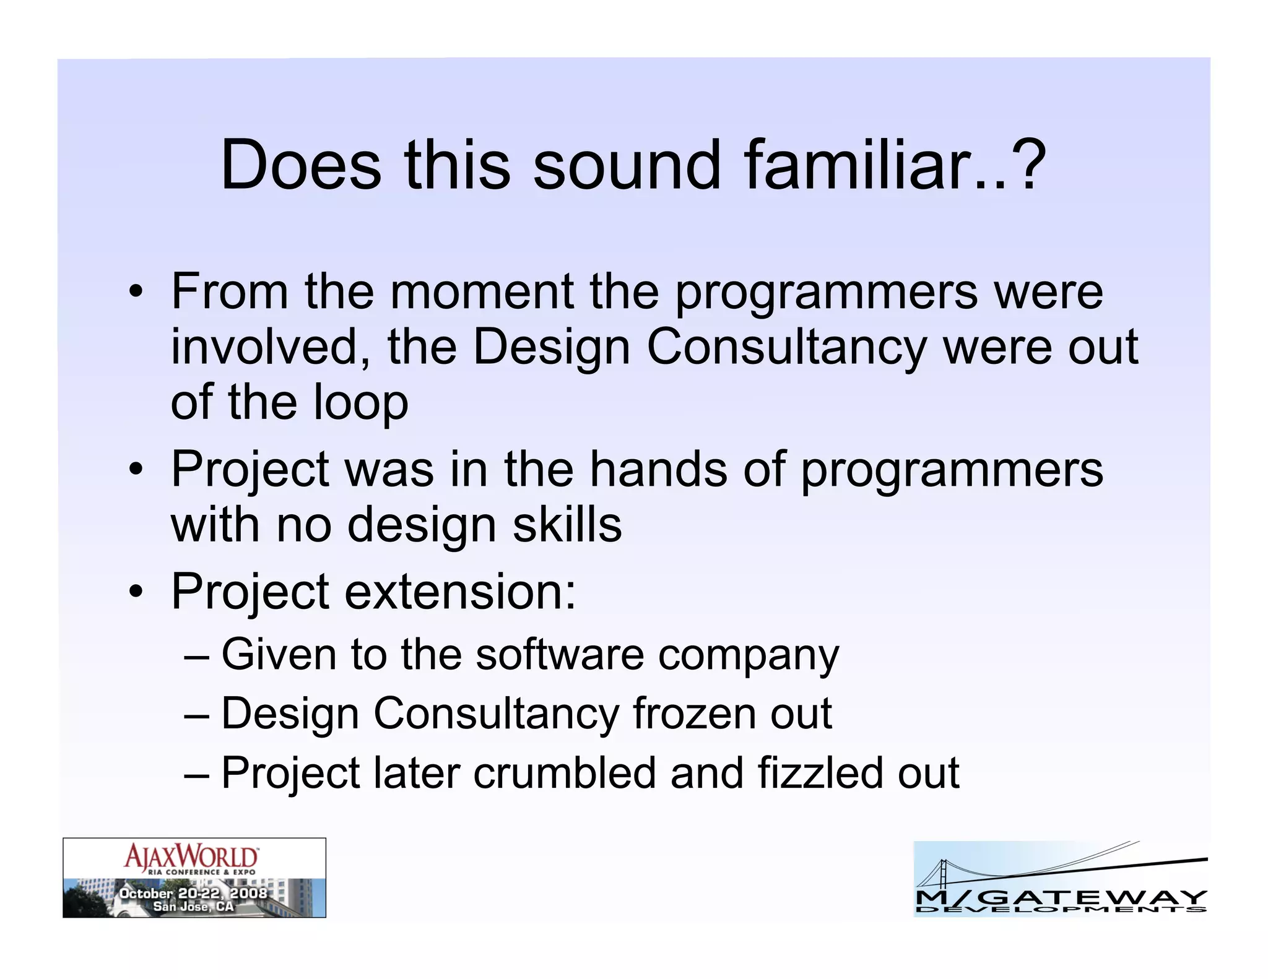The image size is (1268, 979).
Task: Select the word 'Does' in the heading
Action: (301, 165)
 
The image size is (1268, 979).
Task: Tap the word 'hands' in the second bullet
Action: (658, 469)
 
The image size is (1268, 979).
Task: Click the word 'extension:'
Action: (460, 592)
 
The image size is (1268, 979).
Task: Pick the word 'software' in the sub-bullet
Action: (559, 655)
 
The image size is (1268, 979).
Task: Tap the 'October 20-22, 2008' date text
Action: (193, 893)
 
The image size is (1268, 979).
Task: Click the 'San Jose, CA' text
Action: (193, 907)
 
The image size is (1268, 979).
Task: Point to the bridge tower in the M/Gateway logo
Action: (943, 876)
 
